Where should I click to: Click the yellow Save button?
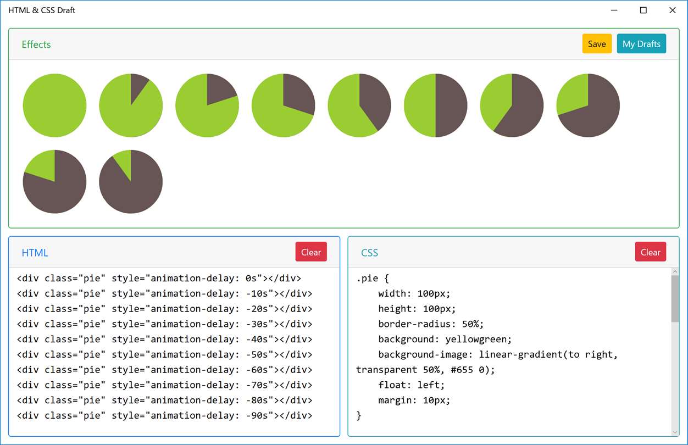click(x=597, y=43)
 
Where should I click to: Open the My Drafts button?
click(x=641, y=43)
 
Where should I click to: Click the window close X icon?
click(x=672, y=10)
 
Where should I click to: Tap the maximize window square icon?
click(x=643, y=10)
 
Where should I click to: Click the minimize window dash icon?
click(x=614, y=10)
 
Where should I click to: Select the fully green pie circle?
click(x=54, y=105)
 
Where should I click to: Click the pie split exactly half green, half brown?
click(x=436, y=105)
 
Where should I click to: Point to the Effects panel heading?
click(x=36, y=44)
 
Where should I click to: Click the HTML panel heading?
click(x=35, y=253)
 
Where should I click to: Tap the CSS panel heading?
click(x=369, y=253)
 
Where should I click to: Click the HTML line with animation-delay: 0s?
click(x=159, y=278)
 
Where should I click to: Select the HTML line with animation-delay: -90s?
click(x=164, y=415)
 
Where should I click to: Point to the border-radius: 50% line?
click(x=431, y=324)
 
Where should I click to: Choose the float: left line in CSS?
click(x=411, y=385)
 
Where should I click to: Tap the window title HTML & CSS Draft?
click(x=41, y=10)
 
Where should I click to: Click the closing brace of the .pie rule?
click(x=358, y=416)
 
